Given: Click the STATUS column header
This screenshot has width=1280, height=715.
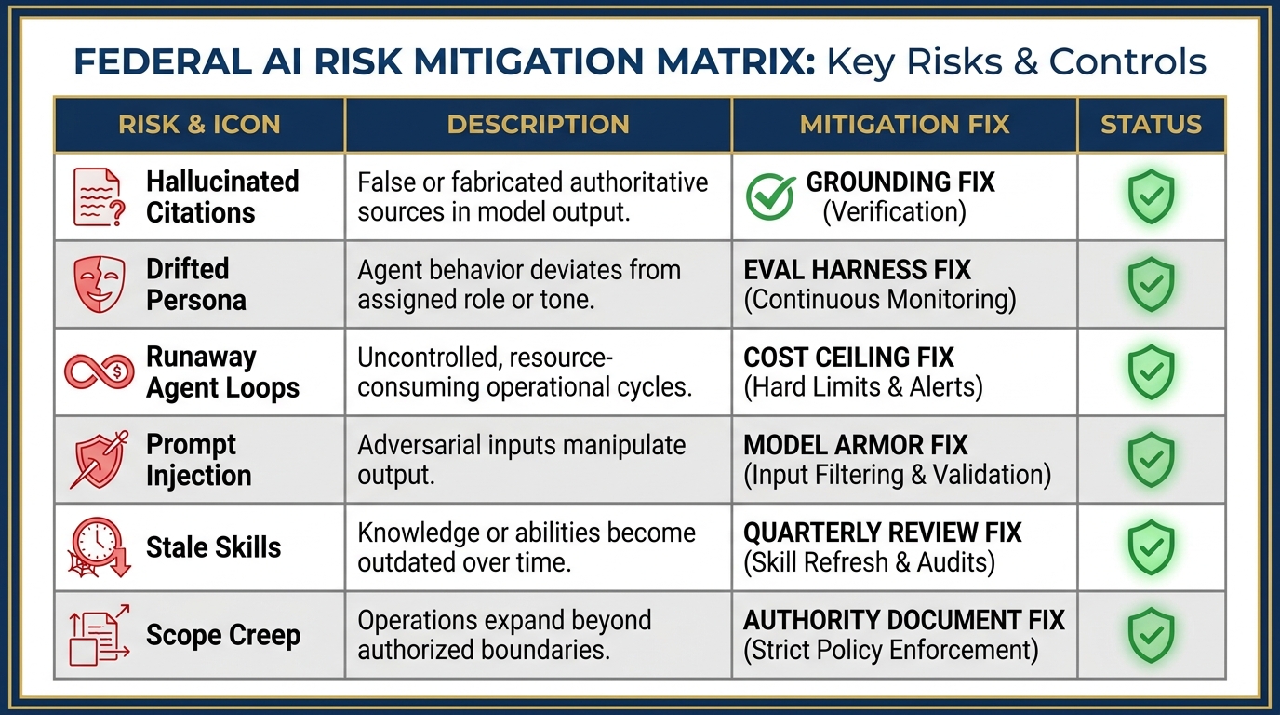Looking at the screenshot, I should (x=1151, y=125).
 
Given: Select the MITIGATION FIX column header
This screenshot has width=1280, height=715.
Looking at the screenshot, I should (x=904, y=125).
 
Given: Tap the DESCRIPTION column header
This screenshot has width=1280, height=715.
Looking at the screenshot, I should (x=538, y=125).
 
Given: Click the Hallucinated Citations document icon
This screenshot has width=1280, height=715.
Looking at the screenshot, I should (x=98, y=196).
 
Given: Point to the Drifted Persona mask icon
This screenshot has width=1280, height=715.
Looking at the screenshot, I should (x=99, y=284).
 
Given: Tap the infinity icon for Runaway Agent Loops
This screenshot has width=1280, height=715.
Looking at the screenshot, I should (x=99, y=371).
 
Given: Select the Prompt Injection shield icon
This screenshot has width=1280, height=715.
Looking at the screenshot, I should (x=99, y=459).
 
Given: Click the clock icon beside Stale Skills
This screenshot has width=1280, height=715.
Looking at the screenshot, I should (x=98, y=546).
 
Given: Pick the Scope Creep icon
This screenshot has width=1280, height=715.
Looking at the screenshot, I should (x=99, y=634).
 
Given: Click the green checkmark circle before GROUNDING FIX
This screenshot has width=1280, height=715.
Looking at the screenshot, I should (x=771, y=197).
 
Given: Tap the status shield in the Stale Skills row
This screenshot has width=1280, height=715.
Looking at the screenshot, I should (x=1151, y=546).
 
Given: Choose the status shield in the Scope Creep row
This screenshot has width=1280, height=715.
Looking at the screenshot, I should (x=1151, y=634).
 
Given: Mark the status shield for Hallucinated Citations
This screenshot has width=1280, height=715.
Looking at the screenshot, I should (x=1151, y=196).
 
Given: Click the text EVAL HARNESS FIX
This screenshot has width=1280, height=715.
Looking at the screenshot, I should (x=857, y=270).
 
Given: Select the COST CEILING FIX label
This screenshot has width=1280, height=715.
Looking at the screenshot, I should (x=849, y=357).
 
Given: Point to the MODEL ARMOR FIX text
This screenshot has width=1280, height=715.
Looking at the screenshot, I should (x=856, y=445).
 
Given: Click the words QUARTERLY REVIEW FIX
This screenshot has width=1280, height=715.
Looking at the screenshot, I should (x=883, y=533).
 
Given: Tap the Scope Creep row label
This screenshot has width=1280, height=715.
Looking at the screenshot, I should (x=223, y=635).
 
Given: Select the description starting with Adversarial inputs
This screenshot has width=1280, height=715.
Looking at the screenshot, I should (x=521, y=459).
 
